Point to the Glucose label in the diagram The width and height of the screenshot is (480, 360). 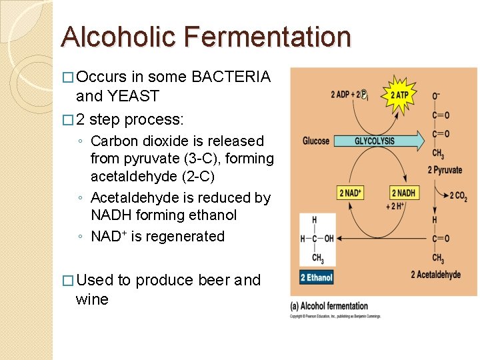[316, 141]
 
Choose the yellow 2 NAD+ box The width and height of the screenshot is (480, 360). [351, 193]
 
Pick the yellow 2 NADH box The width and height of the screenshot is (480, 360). [404, 193]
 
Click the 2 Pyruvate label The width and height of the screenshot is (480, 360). [445, 170]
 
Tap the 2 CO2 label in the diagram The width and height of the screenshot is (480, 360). [459, 195]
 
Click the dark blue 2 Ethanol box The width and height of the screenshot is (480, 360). [316, 277]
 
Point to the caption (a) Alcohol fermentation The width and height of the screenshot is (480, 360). [329, 306]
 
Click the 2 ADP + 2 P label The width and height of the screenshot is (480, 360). [349, 95]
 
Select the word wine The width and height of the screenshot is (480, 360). [93, 299]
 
